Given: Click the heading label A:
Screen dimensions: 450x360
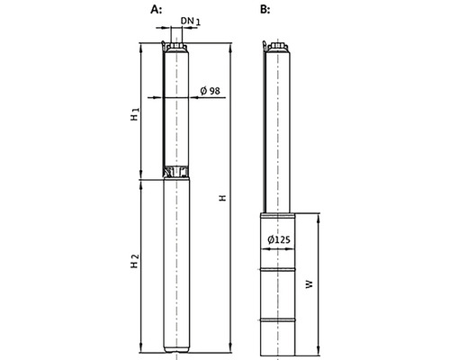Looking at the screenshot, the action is [156, 10].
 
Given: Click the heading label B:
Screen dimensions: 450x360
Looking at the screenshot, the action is [265, 10].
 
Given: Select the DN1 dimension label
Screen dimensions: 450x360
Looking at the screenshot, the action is [191, 21].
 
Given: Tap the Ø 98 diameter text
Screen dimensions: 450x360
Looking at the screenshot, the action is [210, 90].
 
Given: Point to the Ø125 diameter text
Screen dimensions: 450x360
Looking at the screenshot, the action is [279, 239].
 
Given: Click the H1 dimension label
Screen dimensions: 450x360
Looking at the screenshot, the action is [135, 114].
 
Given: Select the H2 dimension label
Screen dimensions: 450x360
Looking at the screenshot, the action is [135, 261].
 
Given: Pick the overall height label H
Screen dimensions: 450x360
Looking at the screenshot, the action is [222, 198].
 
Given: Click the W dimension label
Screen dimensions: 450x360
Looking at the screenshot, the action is [310, 284].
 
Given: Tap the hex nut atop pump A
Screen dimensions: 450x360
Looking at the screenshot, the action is [176, 46].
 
